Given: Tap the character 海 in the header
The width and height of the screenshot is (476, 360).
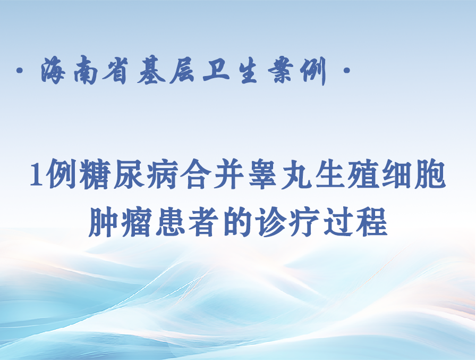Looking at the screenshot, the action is click(x=53, y=71).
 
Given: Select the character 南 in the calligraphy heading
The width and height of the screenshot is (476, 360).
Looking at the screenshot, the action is click(x=86, y=71).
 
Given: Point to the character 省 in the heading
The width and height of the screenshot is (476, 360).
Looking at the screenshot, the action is click(x=115, y=71).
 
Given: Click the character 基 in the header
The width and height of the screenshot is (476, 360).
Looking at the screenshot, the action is click(x=151, y=71).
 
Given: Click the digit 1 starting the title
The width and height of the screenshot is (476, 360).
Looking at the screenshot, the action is click(x=37, y=174).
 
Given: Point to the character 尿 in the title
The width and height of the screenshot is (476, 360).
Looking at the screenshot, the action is click(x=128, y=174).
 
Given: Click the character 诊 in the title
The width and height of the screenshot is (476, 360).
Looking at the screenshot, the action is click(x=271, y=222).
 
